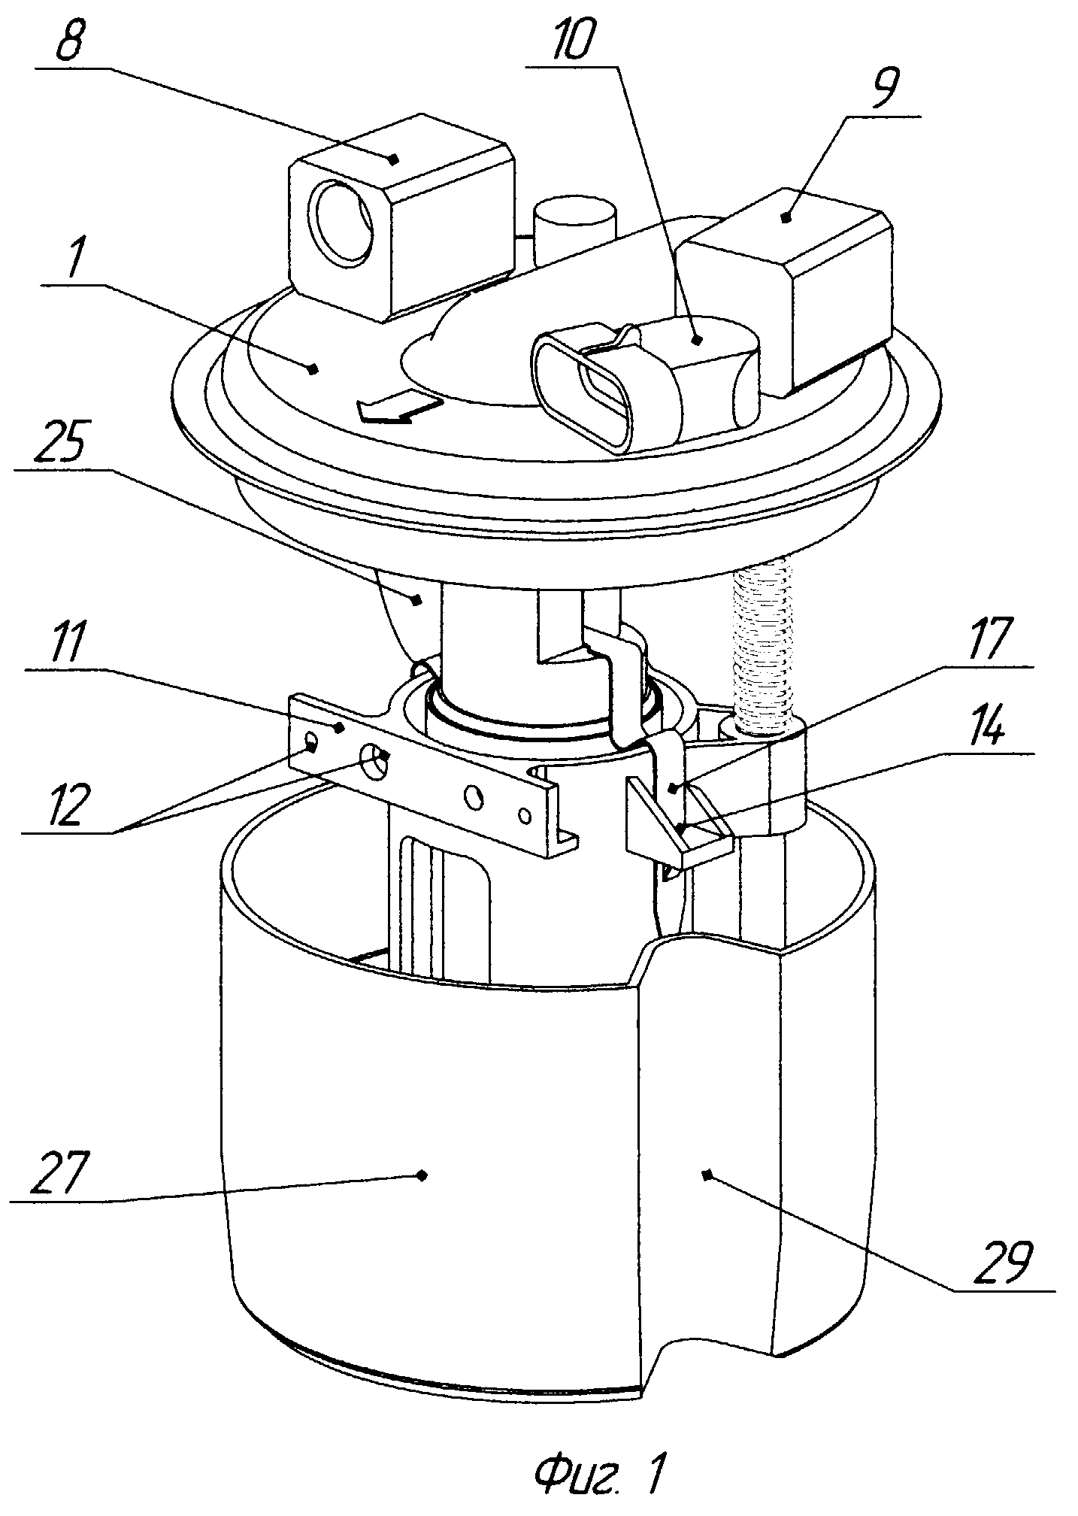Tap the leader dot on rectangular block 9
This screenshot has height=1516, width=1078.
click(x=785, y=218)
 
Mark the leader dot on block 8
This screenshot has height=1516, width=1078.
click(x=394, y=159)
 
